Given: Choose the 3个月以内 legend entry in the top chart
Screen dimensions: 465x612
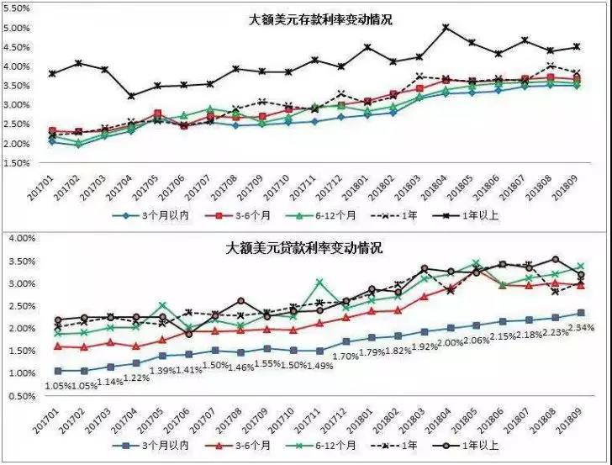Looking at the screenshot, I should point(151,216).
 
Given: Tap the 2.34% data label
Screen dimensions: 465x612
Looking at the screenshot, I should point(582,328).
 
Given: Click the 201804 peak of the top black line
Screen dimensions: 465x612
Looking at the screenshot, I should point(446,27).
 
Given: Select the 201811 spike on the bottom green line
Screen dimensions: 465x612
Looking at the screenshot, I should point(319,283).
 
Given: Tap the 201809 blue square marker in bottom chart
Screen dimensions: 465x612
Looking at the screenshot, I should point(581,313).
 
